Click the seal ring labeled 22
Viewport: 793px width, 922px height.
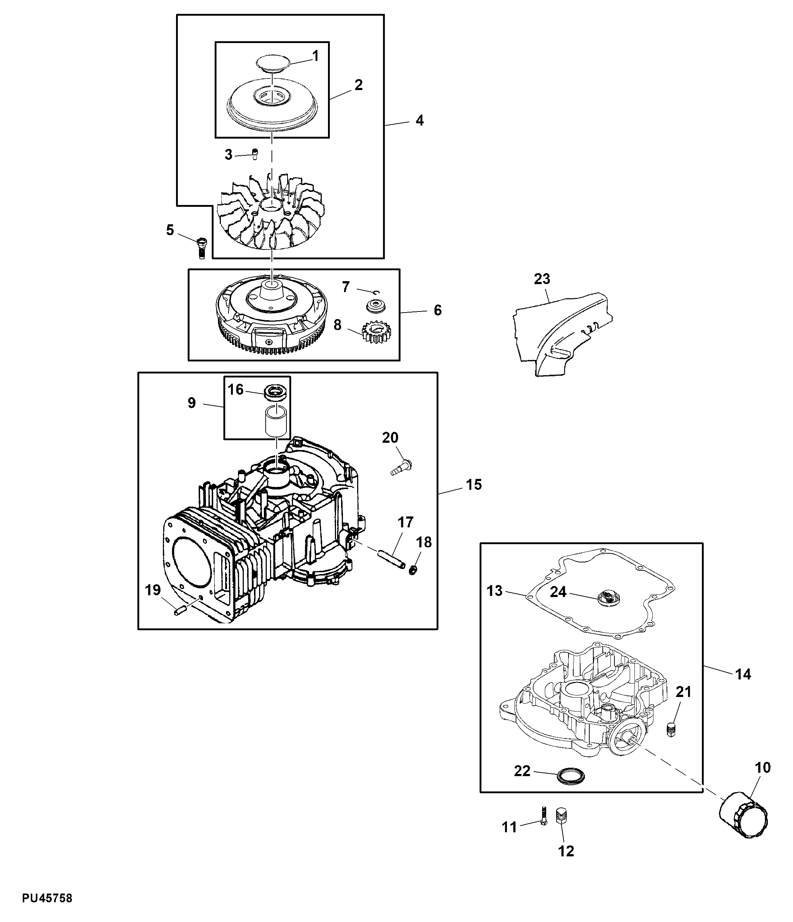pos(571,776)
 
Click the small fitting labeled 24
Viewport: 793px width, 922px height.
pos(607,597)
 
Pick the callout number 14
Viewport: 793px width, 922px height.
pos(743,674)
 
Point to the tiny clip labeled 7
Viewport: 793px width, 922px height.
pos(376,292)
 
